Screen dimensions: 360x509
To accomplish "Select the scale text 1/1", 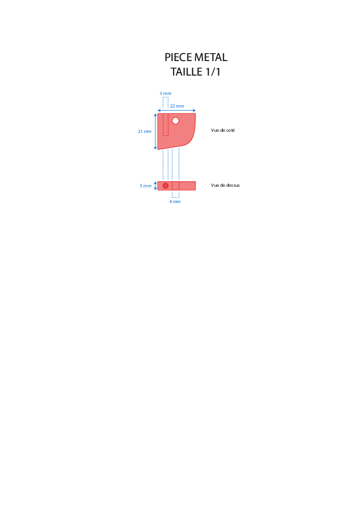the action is pos(213,72).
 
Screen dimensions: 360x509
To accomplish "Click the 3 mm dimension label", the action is pos(165,94).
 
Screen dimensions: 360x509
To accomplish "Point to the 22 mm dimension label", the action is pos(177,106).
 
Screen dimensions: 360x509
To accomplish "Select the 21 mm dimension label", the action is pos(145,131).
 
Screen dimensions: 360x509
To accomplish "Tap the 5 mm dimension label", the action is pos(146,186).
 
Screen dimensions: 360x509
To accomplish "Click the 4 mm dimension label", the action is pos(175,201).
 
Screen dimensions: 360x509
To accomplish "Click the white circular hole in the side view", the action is pos(175,121).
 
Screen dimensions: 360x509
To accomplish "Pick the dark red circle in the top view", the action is pos(165,186).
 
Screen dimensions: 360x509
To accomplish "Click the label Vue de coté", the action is pos(223,130).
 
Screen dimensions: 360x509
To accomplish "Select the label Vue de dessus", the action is pos(225,186).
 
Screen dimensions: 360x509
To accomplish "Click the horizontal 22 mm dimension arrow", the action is pos(177,111).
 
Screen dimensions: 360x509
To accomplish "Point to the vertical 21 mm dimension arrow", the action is pos(155,131).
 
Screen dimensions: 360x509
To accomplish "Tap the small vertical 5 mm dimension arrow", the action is pos(155,186).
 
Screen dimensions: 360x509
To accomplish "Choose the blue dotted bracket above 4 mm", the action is pos(175,197).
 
